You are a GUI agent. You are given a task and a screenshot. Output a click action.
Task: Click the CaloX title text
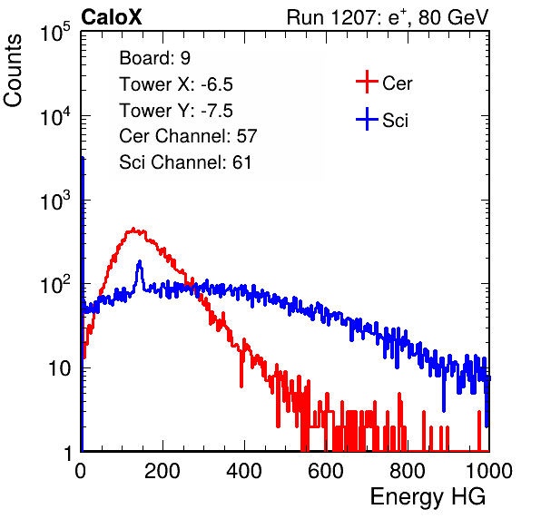coord(112,17)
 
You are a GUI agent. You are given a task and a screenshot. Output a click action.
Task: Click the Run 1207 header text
coord(388,17)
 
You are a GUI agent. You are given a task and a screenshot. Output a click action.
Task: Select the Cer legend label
coord(397,83)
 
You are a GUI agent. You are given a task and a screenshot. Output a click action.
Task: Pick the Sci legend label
coord(395,121)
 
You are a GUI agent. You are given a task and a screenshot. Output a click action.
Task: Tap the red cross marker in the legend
coord(367,82)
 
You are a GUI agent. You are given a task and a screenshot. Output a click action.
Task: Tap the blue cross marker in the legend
coord(367,119)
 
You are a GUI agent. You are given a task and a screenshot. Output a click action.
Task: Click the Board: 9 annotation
coord(154,58)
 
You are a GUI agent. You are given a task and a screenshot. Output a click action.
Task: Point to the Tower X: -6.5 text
coord(176,84)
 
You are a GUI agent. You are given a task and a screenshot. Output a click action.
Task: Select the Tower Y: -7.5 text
coord(176,111)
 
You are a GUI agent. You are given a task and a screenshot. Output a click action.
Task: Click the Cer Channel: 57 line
coord(188,136)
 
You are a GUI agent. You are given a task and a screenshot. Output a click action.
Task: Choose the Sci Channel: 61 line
coord(185,162)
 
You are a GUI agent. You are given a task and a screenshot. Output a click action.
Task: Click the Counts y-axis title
coord(13,71)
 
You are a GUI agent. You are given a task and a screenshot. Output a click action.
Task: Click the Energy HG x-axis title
coord(428,496)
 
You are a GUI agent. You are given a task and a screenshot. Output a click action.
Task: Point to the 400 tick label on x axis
coord(244,470)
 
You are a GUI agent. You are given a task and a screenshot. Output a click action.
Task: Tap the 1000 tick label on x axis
coord(489,470)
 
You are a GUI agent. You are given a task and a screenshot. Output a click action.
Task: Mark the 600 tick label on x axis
coord(326,470)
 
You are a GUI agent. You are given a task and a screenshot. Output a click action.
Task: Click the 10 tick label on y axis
coord(59,368)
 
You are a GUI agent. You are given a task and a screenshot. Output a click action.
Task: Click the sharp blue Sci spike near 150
coord(140,262)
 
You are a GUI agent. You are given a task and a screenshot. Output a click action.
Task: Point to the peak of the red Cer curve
coord(133,229)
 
